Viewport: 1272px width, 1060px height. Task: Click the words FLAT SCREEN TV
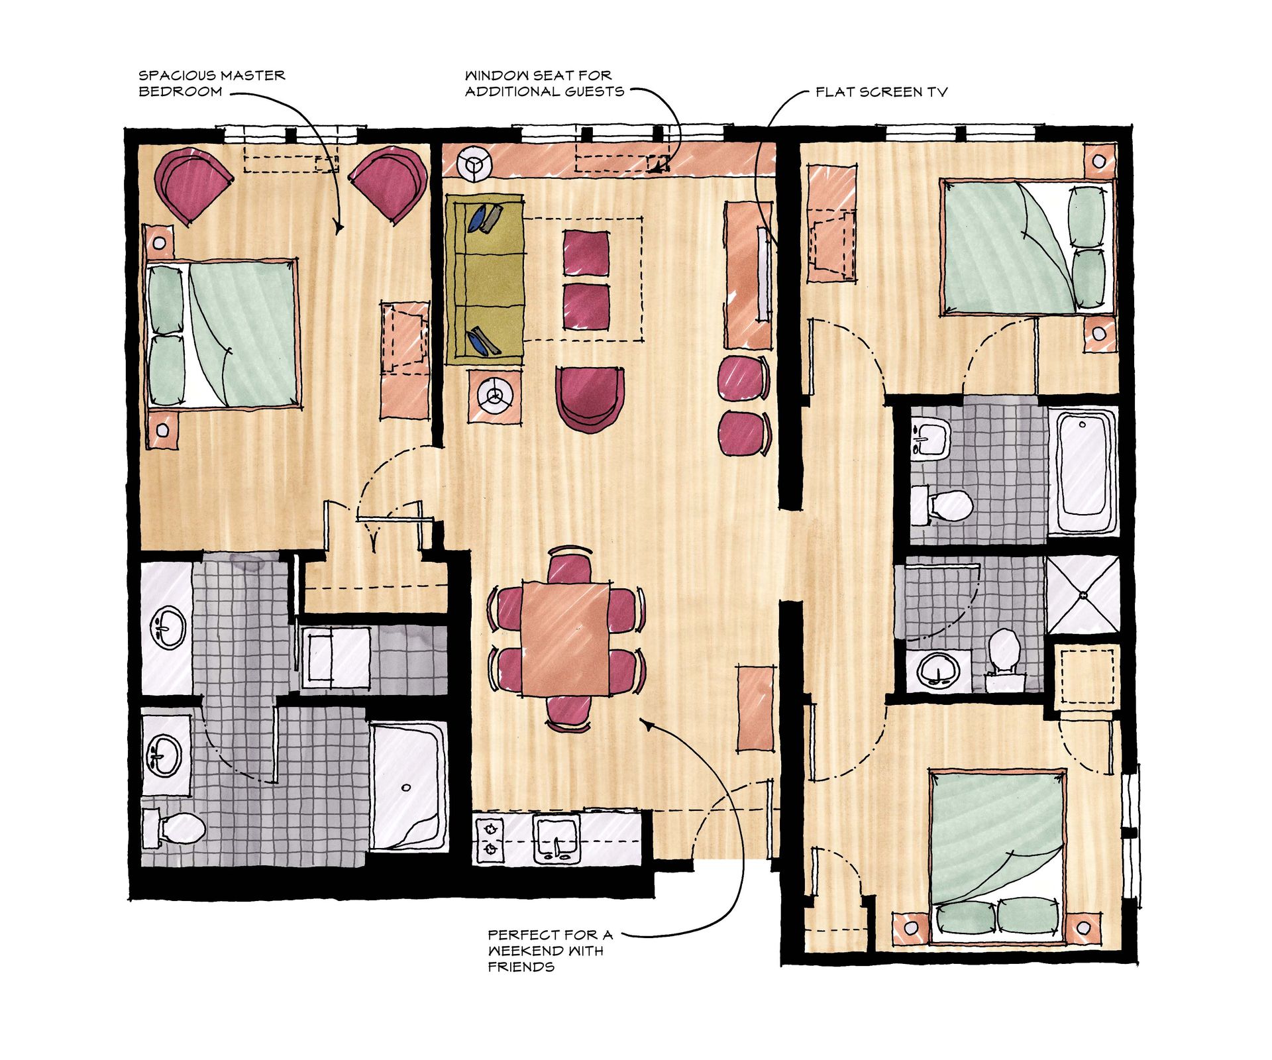pyautogui.click(x=880, y=92)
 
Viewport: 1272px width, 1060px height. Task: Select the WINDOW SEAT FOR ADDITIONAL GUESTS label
pyautogui.click(x=543, y=83)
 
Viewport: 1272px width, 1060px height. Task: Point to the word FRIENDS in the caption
pyautogui.click(x=521, y=967)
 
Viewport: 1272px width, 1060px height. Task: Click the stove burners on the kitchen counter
pyautogui.click(x=490, y=839)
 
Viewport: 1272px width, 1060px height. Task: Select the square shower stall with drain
pyautogui.click(x=1083, y=595)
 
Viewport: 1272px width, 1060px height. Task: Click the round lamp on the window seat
pyautogui.click(x=475, y=163)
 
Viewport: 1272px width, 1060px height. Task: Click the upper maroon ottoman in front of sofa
pyautogui.click(x=586, y=252)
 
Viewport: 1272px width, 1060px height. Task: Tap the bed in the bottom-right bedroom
pyautogui.click(x=997, y=855)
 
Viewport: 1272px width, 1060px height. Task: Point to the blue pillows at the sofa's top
pyautogui.click(x=486, y=218)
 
